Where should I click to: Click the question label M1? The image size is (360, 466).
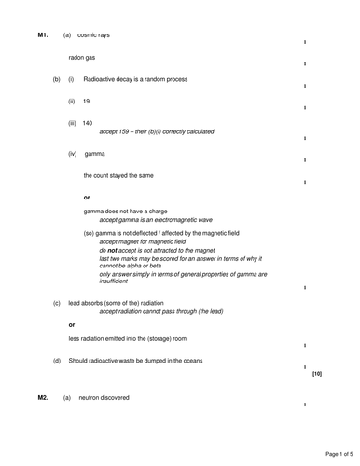pyautogui.click(x=42, y=35)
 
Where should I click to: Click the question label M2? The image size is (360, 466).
pyautogui.click(x=42, y=398)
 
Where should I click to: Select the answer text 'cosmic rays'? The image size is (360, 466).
pyautogui.click(x=93, y=35)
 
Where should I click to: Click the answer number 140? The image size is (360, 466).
pyautogui.click(x=88, y=123)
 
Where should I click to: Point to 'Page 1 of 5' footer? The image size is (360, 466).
pyautogui.click(x=332, y=454)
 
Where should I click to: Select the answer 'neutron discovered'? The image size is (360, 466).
pyautogui.click(x=105, y=398)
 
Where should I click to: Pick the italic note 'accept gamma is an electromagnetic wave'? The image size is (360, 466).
pyautogui.click(x=157, y=220)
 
